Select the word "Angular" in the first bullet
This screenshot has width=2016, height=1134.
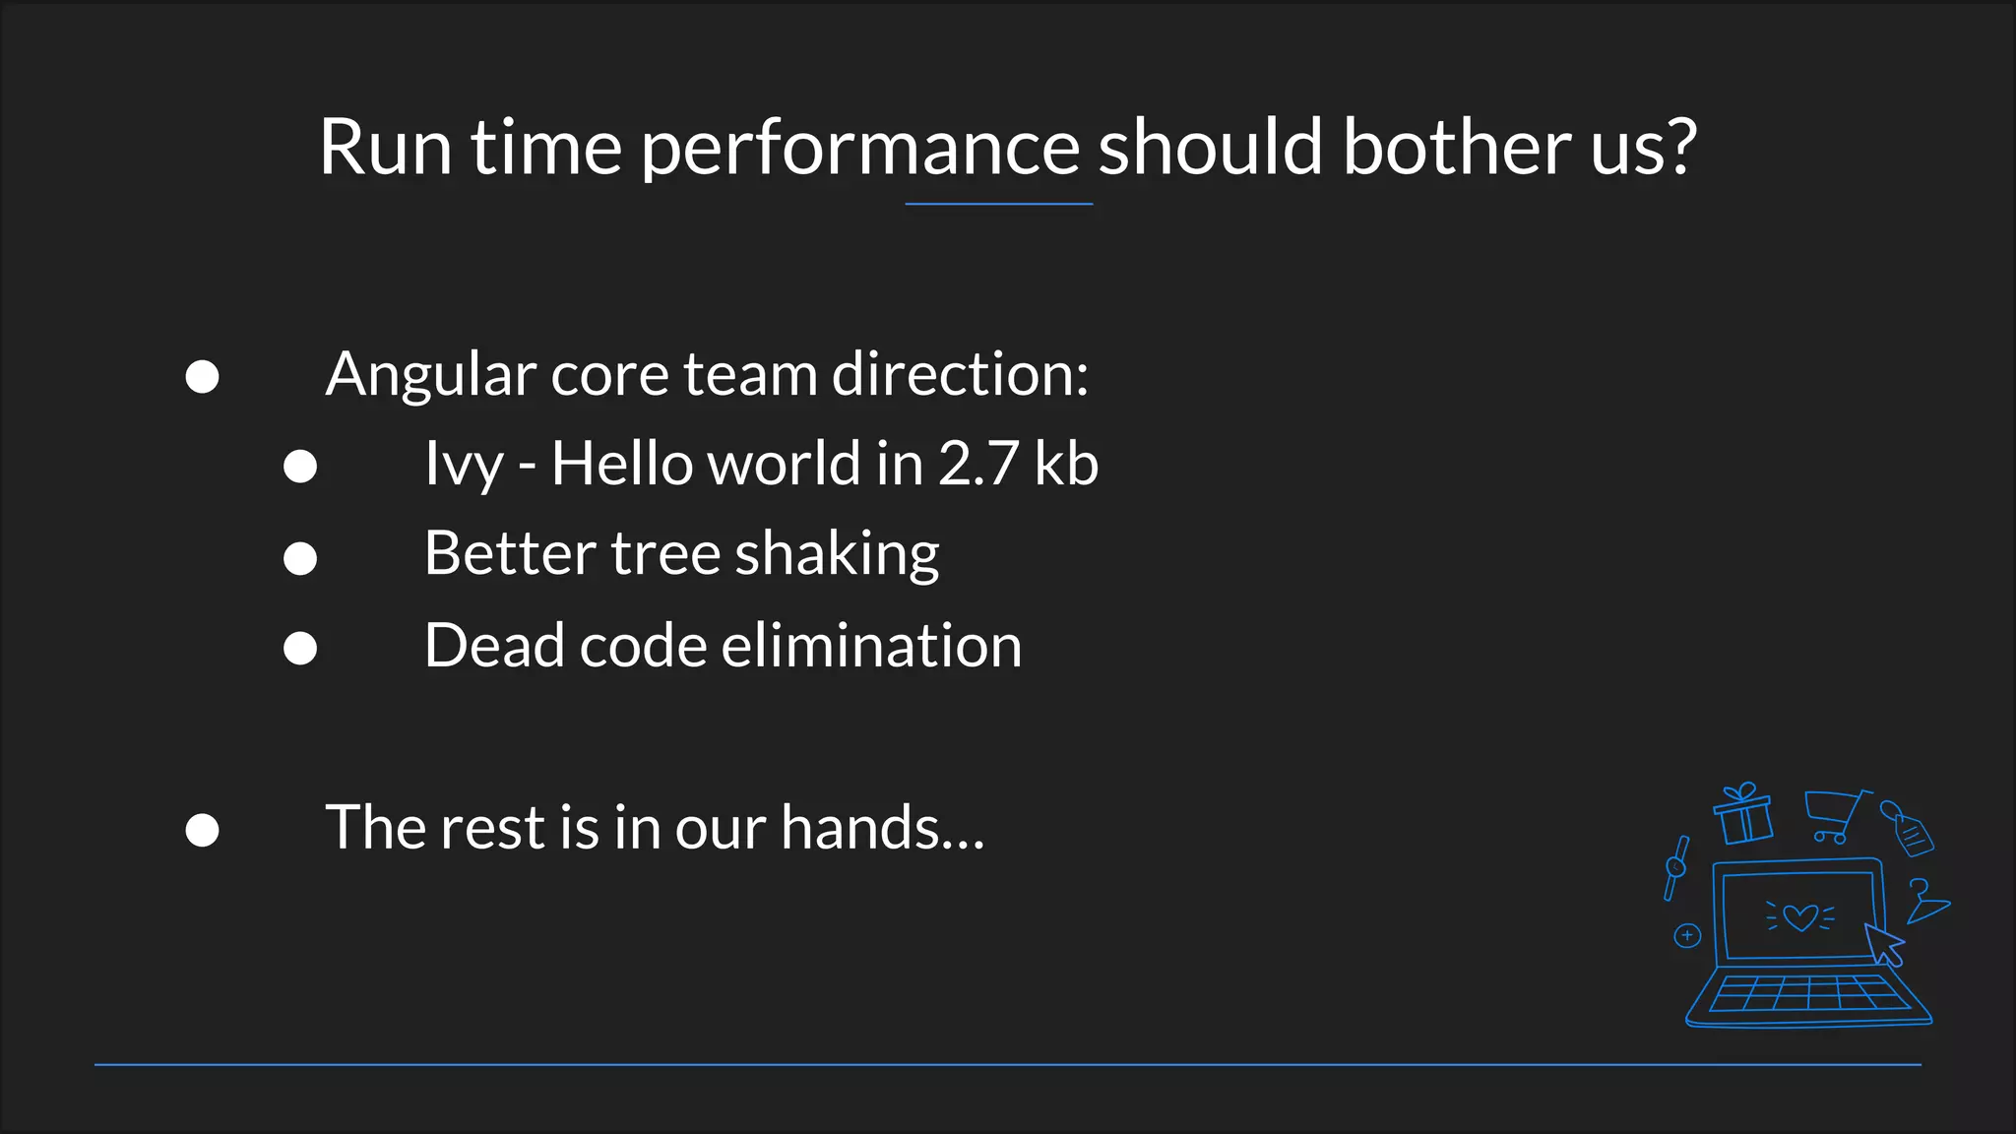tap(429, 376)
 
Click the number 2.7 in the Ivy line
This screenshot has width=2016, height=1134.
tap(977, 464)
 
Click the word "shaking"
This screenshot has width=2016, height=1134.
tap(837, 555)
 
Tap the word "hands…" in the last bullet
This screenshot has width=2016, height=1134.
tap(882, 827)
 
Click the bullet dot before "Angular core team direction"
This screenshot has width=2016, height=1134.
tap(202, 377)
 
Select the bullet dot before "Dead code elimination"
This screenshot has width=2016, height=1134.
tap(300, 648)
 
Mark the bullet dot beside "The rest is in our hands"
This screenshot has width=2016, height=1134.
tap(202, 830)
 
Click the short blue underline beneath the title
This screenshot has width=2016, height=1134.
tap(998, 204)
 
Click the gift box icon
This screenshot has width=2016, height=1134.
tap(1743, 815)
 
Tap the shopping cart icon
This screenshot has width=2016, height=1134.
tap(1833, 816)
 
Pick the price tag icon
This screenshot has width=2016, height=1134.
tap(1909, 829)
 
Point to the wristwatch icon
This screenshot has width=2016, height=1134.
tap(1675, 867)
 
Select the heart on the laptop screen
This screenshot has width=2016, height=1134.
tap(1800, 917)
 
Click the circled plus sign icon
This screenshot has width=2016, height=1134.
tap(1687, 935)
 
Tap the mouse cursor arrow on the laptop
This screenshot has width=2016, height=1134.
tap(1884, 943)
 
